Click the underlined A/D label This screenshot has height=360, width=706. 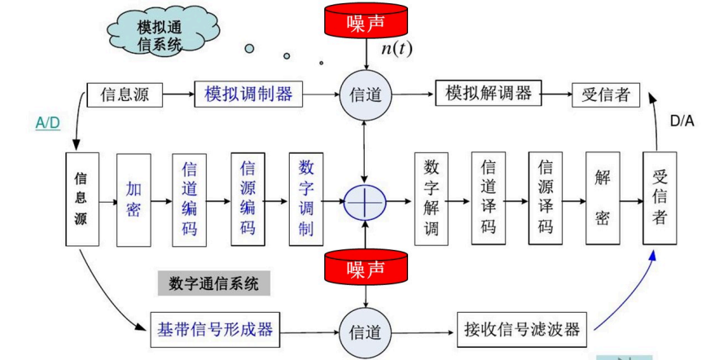click(x=47, y=123)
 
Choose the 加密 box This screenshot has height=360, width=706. click(x=134, y=200)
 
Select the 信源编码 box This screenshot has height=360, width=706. click(x=248, y=200)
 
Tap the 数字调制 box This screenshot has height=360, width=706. click(x=306, y=200)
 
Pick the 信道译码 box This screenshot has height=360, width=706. click(x=489, y=200)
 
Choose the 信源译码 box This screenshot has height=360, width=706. click(x=546, y=200)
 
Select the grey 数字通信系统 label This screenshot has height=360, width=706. click(x=213, y=283)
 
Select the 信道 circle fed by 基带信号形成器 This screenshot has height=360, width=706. click(x=364, y=332)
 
